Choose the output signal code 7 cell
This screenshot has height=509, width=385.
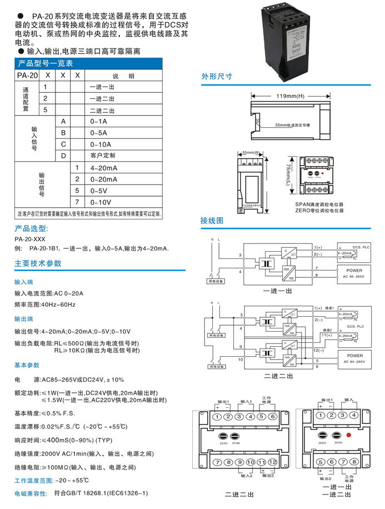tap(78, 202)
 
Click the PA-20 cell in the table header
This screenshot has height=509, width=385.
tap(27, 75)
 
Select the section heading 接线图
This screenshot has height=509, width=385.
tap(212, 221)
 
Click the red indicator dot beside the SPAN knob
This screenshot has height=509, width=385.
tap(349, 436)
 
